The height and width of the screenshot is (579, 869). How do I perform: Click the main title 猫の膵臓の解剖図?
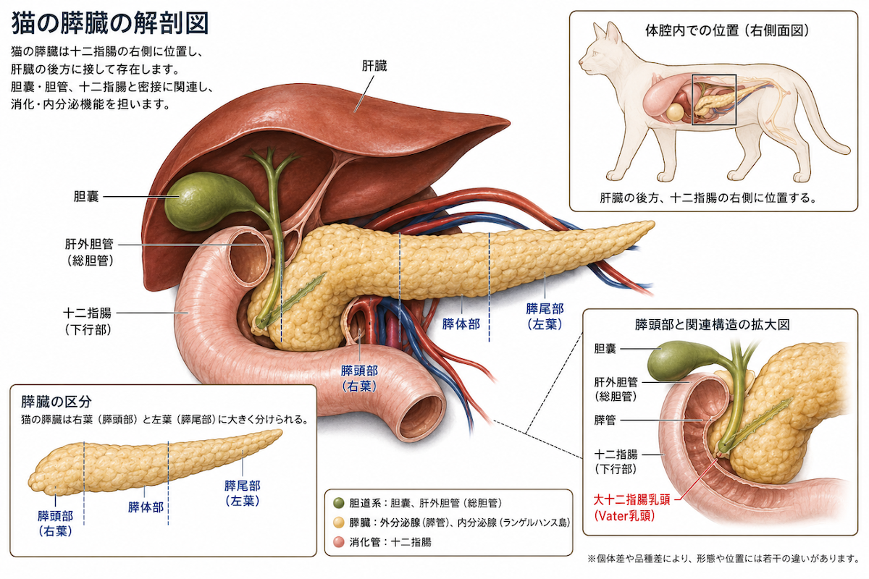click(x=110, y=23)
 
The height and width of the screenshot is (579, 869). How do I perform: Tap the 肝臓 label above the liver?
click(x=374, y=67)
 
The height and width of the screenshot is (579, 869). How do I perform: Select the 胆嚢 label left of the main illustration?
click(x=86, y=197)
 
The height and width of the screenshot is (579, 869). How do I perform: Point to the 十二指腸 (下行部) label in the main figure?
click(x=88, y=321)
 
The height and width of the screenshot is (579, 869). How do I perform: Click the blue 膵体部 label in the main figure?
click(x=461, y=324)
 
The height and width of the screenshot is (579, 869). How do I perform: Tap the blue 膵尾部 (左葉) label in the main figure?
click(x=545, y=316)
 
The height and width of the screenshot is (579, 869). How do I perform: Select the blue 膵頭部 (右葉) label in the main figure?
click(x=359, y=378)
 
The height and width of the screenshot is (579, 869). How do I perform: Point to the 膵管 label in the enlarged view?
click(x=605, y=420)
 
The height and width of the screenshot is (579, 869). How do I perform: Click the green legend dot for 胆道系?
click(x=339, y=503)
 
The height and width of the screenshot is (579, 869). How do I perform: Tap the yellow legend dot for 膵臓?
click(x=339, y=523)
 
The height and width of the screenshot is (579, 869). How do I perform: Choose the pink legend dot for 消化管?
click(x=339, y=542)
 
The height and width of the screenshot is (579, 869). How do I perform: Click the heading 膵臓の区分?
click(x=56, y=402)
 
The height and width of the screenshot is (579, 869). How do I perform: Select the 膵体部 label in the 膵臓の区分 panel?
click(x=146, y=507)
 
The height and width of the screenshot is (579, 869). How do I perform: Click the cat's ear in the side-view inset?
click(x=613, y=33)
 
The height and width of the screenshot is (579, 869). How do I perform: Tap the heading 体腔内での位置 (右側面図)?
click(x=727, y=30)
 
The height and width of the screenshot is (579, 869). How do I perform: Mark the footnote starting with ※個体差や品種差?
click(x=723, y=559)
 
